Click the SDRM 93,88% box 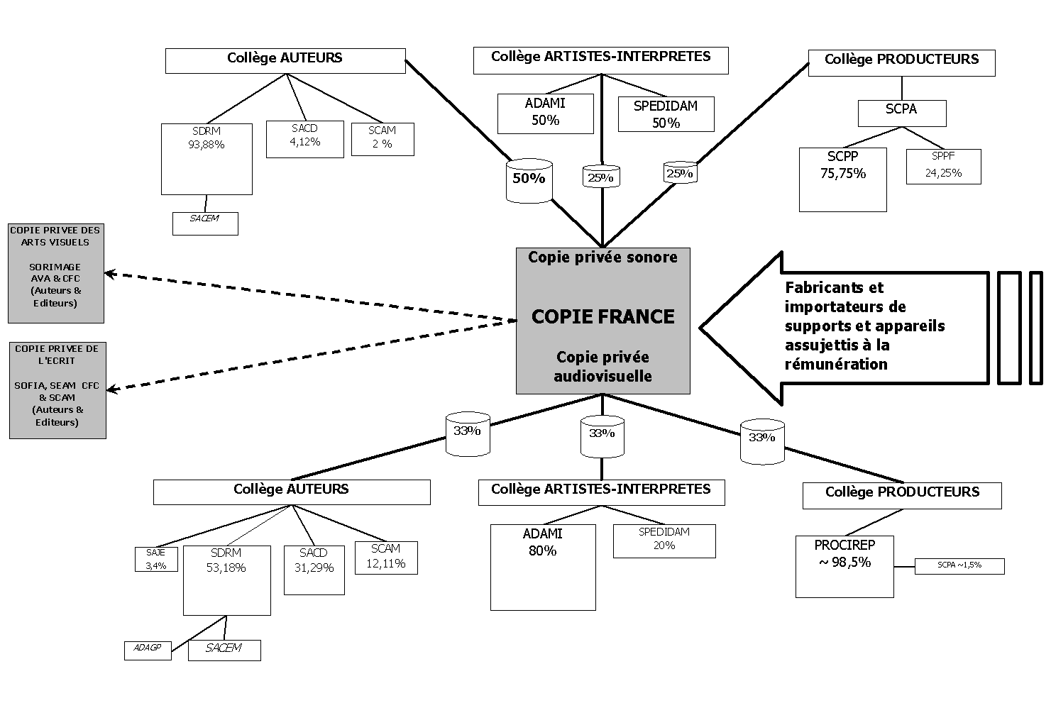(x=207, y=158)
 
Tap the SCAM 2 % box (x=383, y=138)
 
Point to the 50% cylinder (x=529, y=181)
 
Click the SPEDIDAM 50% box (x=666, y=114)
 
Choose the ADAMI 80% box (x=543, y=567)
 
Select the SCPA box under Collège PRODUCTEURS (x=901, y=112)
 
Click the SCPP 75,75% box (x=842, y=179)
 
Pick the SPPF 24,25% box (x=943, y=166)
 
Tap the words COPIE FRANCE (x=602, y=316)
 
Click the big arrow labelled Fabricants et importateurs (x=844, y=327)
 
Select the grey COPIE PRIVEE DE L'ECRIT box (x=57, y=389)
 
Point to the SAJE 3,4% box (x=156, y=559)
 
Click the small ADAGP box (x=148, y=650)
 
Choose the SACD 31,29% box (x=314, y=569)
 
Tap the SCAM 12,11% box (x=385, y=557)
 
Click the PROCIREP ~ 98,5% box (x=844, y=565)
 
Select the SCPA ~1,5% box (x=959, y=565)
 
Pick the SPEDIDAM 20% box (x=664, y=541)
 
